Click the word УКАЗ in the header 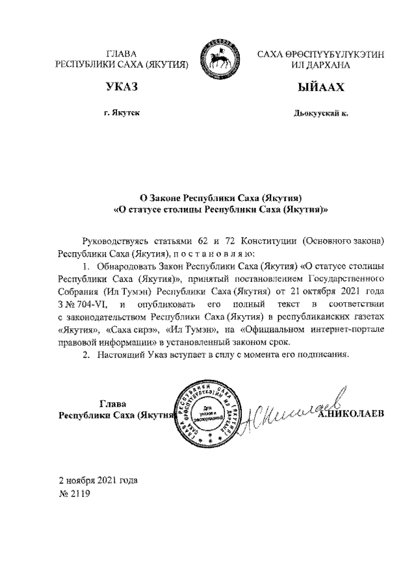pos(122,88)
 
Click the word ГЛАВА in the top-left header pos(122,55)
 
